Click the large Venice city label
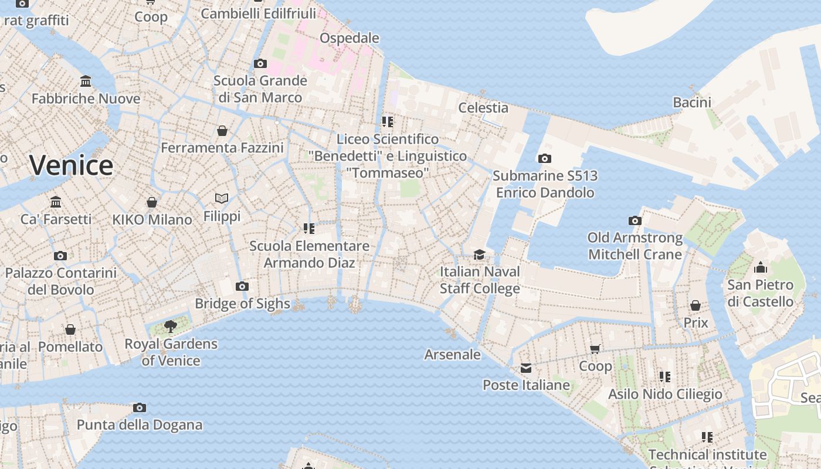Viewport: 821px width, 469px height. [71, 165]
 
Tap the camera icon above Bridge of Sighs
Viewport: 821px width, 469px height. [242, 286]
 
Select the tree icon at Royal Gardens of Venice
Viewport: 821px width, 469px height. [170, 326]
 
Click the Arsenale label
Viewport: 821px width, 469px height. [452, 355]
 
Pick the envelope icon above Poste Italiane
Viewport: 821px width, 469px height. [526, 368]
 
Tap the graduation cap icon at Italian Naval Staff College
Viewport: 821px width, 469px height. [480, 254]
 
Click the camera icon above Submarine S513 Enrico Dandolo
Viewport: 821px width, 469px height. [544, 158]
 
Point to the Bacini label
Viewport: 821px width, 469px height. [692, 103]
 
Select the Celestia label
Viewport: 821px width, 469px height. [483, 108]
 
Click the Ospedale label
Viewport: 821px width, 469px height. [349, 38]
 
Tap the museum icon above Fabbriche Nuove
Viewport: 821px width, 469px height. [86, 81]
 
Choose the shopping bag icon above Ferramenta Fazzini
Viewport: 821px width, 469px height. [222, 130]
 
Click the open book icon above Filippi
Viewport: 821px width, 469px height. [222, 199]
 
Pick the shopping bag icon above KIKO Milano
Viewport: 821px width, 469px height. [152, 202]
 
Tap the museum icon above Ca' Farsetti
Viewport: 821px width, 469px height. [56, 202]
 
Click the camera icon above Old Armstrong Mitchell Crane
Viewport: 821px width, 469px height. [635, 221]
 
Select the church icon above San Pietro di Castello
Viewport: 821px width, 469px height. [761, 268]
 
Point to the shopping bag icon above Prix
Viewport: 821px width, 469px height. [696, 305]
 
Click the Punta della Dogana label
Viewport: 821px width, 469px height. [140, 425]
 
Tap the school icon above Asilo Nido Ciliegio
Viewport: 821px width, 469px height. [664, 376]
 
